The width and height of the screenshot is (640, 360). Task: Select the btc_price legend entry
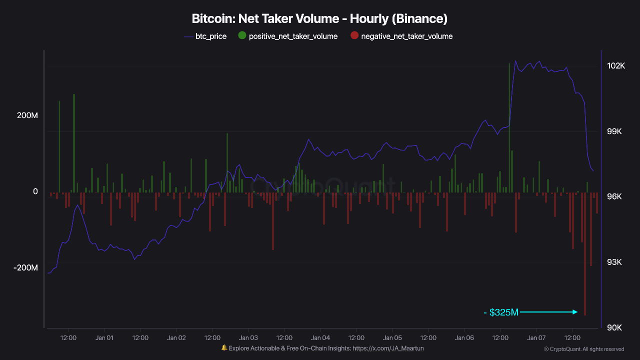point(205,36)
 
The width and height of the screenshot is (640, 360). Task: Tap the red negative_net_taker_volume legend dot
point(354,35)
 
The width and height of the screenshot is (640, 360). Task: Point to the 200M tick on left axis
point(27,115)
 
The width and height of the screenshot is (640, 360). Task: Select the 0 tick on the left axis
point(34,191)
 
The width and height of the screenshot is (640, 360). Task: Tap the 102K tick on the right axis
point(616,66)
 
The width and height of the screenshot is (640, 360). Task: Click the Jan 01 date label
point(104,337)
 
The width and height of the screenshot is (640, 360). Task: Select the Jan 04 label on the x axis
point(320,337)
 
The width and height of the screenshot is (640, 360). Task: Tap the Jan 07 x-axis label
point(536,337)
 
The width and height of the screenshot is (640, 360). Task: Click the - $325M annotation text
point(501,312)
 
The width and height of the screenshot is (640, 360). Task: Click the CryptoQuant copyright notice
point(583,349)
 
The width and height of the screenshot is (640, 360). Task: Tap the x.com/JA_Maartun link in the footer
point(388,348)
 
